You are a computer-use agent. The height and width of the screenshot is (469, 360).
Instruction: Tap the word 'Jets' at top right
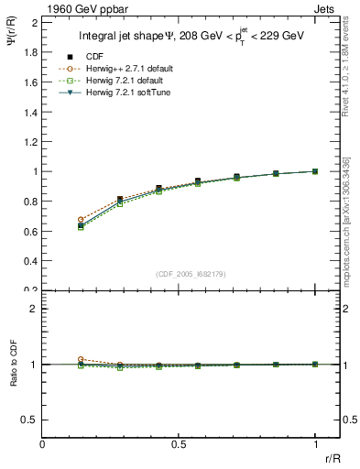(325, 8)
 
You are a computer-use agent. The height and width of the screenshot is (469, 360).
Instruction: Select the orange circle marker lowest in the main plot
(81, 220)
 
